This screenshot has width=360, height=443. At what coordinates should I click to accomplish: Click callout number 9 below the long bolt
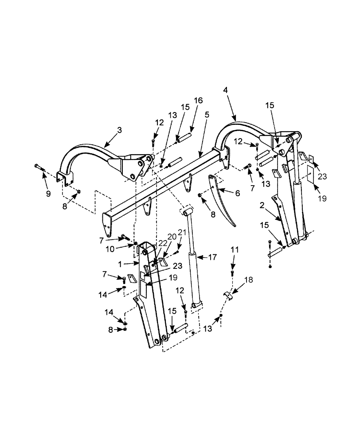click(x=48, y=194)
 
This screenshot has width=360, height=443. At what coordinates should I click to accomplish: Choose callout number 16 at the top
click(x=198, y=101)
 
